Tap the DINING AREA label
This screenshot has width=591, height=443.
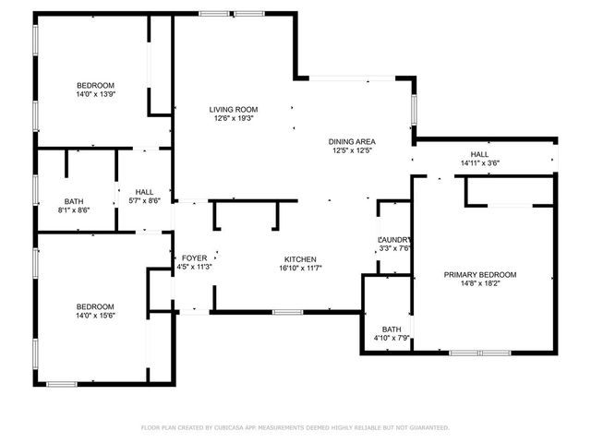coord(352,141)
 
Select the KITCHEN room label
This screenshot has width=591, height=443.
coord(300,259)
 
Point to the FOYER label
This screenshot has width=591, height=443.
coord(194,258)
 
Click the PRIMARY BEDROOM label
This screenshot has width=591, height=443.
coord(479,275)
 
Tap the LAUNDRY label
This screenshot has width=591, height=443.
coord(393,239)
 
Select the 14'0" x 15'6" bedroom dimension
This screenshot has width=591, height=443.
coord(95,317)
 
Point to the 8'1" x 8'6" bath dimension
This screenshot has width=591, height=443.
coord(75,210)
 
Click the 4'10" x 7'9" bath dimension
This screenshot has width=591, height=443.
coord(392,339)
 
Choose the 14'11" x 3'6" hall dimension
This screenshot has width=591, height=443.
coord(479,163)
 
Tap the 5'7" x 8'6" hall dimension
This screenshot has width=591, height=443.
coord(143,200)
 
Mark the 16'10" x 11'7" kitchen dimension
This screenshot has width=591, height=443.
coord(300,269)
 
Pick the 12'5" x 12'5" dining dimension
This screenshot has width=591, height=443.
coord(352,150)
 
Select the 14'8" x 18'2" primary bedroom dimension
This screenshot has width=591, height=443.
coord(479,284)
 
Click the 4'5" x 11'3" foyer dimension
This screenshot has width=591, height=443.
coord(194,268)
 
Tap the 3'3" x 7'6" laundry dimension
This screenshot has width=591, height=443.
coord(393,247)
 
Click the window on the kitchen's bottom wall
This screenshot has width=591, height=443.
coord(287,312)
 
